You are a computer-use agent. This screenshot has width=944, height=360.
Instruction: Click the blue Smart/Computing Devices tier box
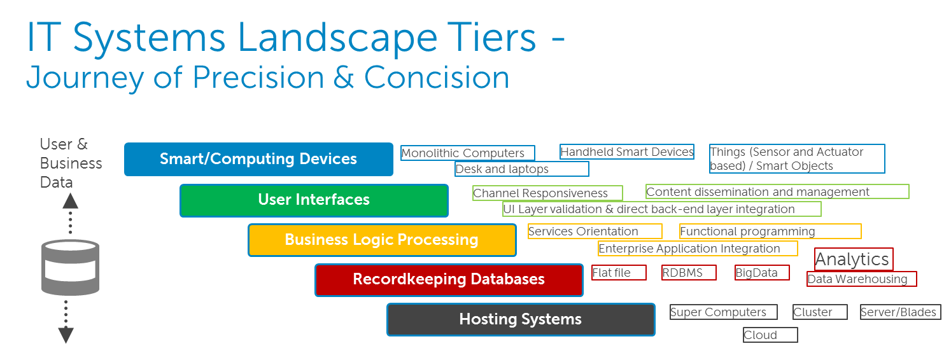[x=258, y=159]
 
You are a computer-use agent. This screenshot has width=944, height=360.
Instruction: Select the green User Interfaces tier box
[x=314, y=200]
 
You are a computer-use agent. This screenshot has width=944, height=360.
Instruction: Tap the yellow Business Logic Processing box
[x=382, y=240]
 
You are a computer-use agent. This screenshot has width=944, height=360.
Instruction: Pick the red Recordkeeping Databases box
[x=449, y=279]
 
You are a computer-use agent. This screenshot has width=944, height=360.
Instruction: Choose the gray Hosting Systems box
[x=521, y=319]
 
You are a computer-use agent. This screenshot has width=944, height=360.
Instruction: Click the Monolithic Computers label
[x=468, y=153]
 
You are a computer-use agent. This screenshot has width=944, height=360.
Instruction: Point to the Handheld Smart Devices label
[x=626, y=152]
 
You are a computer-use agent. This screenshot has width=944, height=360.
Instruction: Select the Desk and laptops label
[x=521, y=169]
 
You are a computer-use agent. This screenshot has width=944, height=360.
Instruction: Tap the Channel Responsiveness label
[x=547, y=193]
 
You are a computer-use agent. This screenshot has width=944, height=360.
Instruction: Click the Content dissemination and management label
[x=777, y=191]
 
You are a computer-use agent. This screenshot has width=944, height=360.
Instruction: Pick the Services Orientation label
[x=595, y=232]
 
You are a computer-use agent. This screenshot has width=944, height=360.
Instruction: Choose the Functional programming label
[x=770, y=232]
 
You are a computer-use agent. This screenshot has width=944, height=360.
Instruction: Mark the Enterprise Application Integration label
[x=698, y=249]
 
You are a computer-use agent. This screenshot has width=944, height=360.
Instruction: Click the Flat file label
[x=619, y=273]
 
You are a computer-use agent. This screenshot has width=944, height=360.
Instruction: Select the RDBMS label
[x=689, y=273]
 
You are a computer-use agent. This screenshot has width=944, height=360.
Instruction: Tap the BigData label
[x=762, y=273]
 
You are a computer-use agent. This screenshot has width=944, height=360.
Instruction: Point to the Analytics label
[x=854, y=260]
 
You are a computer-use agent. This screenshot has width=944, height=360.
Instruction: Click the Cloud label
[x=770, y=335]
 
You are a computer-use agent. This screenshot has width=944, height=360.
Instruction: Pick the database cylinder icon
[x=70, y=267]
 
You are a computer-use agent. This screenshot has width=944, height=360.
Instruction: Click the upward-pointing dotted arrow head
[x=70, y=201]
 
